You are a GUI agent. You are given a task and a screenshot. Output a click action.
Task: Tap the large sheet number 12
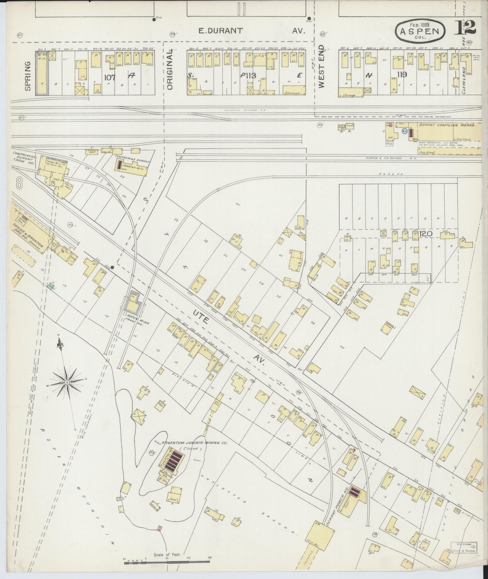point(465,27)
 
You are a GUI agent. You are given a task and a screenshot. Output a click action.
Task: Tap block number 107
point(110,77)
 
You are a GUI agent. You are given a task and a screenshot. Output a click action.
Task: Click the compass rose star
point(67,383)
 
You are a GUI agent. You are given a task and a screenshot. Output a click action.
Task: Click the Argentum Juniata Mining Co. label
point(194,443)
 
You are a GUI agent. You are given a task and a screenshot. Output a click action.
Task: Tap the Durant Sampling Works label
point(446,125)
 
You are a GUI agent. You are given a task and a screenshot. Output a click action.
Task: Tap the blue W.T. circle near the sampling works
point(404,131)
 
